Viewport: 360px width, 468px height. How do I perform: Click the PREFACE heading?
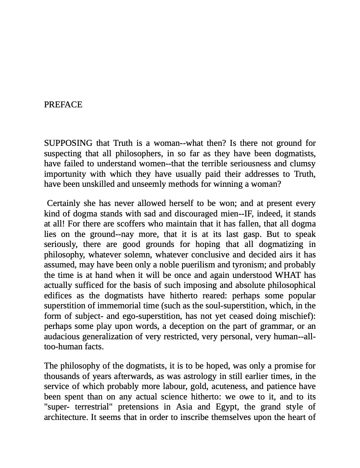[63, 105]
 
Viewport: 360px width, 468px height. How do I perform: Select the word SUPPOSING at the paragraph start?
[68, 143]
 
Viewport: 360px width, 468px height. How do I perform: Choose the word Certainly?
[63, 203]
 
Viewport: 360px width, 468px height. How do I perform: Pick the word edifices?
[57, 296]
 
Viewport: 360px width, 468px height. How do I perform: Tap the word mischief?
[294, 316]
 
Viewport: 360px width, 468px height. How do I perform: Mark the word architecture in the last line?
[65, 417]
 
